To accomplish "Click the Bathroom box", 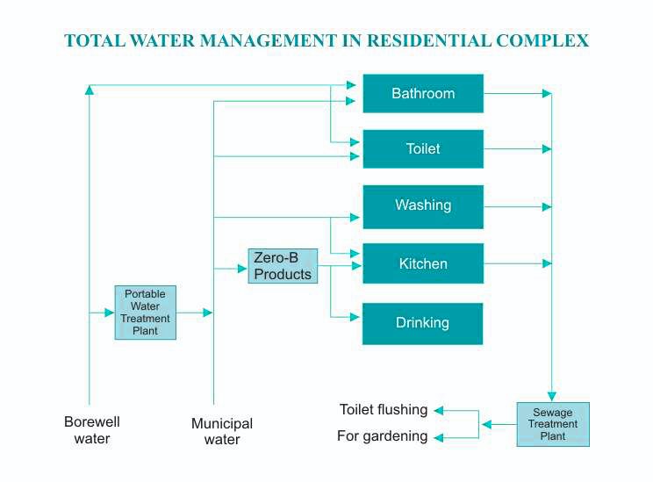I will click(x=423, y=93).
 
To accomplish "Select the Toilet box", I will click(x=423, y=149).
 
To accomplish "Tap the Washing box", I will click(x=423, y=206).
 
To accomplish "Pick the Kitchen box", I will click(x=423, y=263).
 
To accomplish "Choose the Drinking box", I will click(x=423, y=323).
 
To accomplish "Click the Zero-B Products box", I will click(x=283, y=266).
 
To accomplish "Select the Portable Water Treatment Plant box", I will click(x=146, y=313).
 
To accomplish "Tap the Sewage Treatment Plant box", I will click(x=552, y=424).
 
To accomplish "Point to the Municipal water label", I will click(x=222, y=431).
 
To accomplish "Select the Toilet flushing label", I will click(x=384, y=410).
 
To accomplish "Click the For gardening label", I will click(x=383, y=436).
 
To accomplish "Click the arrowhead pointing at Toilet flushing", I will click(x=439, y=410).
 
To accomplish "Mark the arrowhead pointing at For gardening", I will click(x=439, y=436).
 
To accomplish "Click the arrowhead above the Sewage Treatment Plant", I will click(x=551, y=396).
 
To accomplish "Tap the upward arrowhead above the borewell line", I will click(x=90, y=89).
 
